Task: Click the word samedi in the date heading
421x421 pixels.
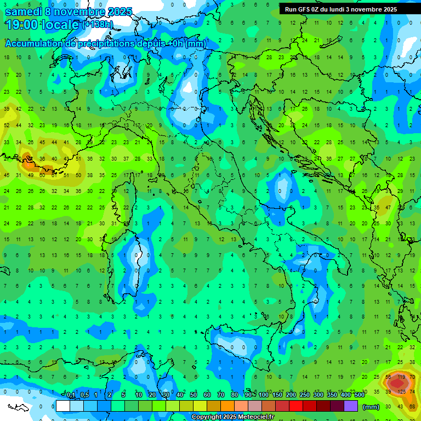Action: (25, 12)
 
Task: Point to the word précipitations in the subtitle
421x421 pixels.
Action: (104, 44)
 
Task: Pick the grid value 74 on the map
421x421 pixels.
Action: (412, 391)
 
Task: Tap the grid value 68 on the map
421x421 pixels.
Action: (412, 406)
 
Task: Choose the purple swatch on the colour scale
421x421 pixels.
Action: (351, 406)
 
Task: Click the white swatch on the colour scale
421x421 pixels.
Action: (63, 406)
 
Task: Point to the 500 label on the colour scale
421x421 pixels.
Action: (360, 395)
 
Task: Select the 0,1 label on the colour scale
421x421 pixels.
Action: (70, 395)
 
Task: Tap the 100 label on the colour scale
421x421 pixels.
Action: (264, 395)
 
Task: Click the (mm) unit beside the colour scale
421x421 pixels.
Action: (371, 407)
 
